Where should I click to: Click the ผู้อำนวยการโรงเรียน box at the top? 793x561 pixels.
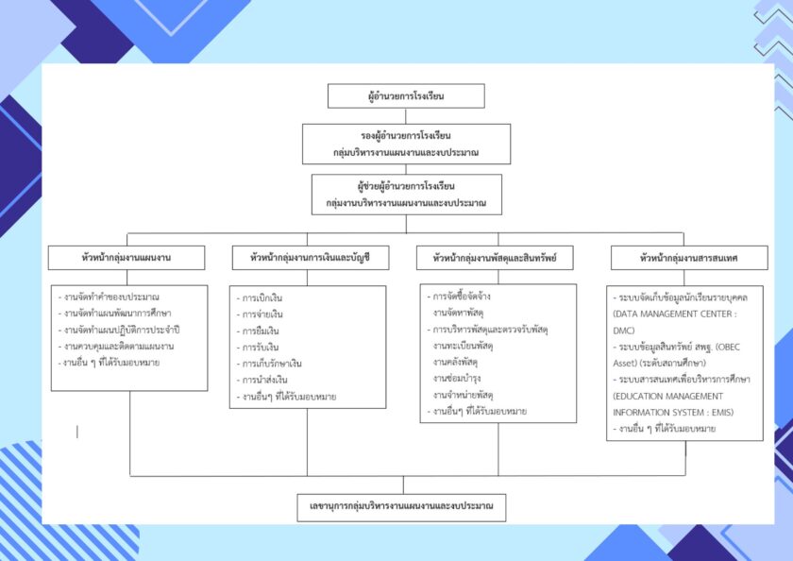(406, 96)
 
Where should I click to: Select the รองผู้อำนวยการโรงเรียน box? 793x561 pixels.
(406, 144)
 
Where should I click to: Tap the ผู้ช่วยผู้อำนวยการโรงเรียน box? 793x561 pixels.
(406, 194)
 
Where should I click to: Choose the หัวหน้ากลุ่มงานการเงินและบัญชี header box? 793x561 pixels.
(310, 257)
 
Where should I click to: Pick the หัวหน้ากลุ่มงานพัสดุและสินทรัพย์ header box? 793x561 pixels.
(495, 257)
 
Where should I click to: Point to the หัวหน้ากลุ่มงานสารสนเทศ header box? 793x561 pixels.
(688, 257)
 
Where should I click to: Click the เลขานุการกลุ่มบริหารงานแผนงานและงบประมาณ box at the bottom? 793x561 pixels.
(401, 506)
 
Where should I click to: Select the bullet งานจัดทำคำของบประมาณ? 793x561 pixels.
(112, 297)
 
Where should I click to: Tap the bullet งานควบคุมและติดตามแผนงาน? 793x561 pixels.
(120, 346)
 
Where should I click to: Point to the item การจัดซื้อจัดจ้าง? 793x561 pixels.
(462, 296)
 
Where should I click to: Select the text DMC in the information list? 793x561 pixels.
(626, 330)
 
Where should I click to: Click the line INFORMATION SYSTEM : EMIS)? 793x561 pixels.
(673, 412)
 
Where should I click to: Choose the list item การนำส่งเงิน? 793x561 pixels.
(269, 379)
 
